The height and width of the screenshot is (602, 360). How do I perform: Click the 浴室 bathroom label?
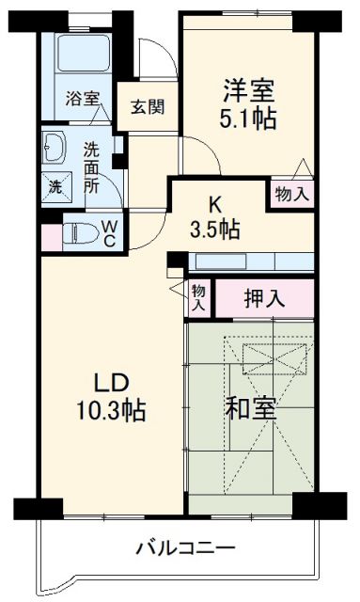[82, 97]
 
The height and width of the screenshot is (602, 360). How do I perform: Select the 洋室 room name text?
[249, 91]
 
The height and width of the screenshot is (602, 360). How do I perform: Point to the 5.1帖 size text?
[249, 120]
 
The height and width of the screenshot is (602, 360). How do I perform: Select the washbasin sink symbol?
[53, 149]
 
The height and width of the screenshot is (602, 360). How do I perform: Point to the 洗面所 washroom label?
[91, 166]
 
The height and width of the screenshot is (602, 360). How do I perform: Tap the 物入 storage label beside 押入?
[199, 298]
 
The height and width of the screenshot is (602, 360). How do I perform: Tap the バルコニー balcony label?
[184, 548]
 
